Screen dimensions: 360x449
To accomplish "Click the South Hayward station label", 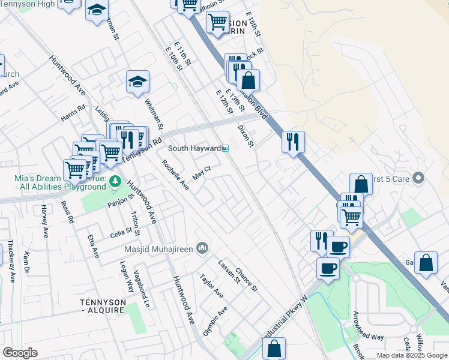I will (x=194, y=148).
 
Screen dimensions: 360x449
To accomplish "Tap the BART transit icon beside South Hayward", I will (x=225, y=148).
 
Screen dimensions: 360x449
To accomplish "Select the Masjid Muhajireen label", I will (x=159, y=248).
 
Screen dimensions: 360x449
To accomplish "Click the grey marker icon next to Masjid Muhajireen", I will (x=202, y=247).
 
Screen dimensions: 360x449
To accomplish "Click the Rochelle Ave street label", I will (x=175, y=175).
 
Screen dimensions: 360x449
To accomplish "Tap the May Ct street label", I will (x=202, y=173).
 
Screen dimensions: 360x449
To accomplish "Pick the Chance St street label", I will (x=246, y=280).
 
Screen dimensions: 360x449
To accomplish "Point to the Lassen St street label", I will (x=229, y=272).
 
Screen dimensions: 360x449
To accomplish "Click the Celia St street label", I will (x=121, y=232).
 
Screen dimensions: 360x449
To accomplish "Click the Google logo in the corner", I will (x=20, y=353).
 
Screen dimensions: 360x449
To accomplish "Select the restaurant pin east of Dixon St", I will (x=293, y=143).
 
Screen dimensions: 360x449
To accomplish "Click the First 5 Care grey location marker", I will (x=419, y=178).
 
